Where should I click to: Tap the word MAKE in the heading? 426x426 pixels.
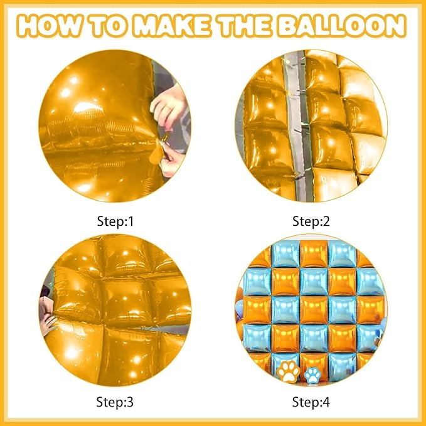coord(173,26)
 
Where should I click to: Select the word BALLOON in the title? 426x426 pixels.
coord(341,26)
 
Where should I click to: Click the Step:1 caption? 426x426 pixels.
coord(115,221)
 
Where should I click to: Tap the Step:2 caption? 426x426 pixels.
coord(311,221)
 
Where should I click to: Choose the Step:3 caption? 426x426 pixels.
coord(115,402)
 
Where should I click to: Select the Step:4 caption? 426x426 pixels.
coord(311,402)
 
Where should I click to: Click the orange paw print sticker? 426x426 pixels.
coord(288,371)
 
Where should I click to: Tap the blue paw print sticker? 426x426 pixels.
coord(312,375)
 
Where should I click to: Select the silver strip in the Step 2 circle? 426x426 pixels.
coord(296,125)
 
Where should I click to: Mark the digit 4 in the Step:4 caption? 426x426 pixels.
coord(326,402)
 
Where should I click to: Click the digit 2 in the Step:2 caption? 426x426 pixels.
coord(326,221)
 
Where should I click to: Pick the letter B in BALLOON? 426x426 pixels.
coord(287,26)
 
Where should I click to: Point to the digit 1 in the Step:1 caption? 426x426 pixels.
coord(131,221)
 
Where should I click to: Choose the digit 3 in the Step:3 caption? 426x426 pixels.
coord(130,402)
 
